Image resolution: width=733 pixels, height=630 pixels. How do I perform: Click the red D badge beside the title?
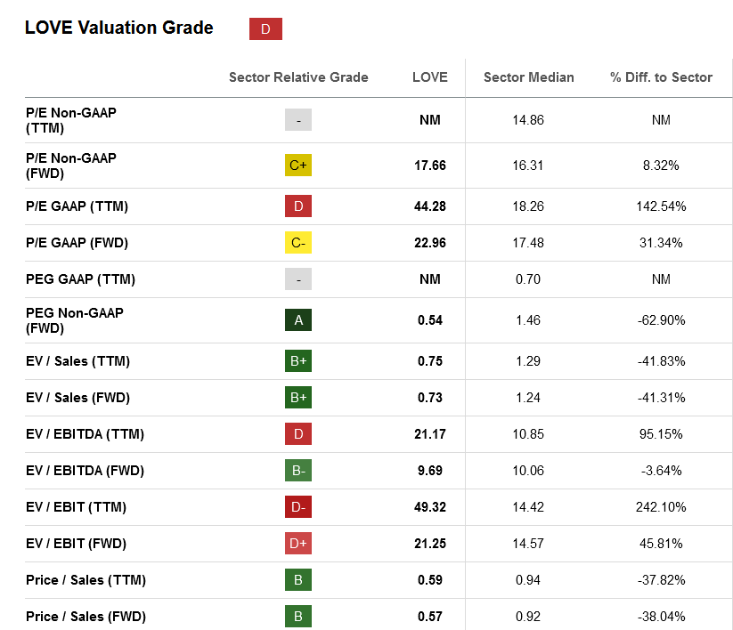(265, 29)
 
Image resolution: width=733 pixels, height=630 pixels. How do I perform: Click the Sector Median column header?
(528, 77)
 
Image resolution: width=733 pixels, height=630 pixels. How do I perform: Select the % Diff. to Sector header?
(661, 77)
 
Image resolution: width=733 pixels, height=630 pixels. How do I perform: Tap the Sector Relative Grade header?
(298, 77)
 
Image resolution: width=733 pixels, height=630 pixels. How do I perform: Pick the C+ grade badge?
(298, 166)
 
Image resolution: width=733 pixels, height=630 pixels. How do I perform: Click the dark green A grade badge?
(298, 319)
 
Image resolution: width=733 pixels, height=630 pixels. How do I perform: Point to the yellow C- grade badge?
(298, 243)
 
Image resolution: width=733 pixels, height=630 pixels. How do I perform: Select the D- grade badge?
(298, 507)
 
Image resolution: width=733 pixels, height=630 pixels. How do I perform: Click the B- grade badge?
(298, 471)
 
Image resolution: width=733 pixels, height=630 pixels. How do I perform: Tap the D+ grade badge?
(298, 544)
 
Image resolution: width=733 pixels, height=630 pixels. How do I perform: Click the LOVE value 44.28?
(430, 206)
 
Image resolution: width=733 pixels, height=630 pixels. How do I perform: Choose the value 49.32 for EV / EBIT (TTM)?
(430, 507)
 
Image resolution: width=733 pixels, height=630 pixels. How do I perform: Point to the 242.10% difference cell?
(661, 507)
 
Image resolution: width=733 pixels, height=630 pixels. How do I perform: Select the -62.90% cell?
(661, 319)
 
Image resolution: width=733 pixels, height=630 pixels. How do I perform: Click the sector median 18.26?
(528, 206)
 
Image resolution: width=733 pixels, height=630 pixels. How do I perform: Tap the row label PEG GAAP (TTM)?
(80, 279)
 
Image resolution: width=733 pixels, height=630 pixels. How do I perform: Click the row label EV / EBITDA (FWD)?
(85, 471)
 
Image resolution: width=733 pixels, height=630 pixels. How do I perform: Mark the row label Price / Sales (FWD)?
(86, 617)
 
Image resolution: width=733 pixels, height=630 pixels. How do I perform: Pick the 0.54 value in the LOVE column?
(430, 319)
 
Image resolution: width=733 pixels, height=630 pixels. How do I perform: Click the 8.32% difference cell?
(661, 166)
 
